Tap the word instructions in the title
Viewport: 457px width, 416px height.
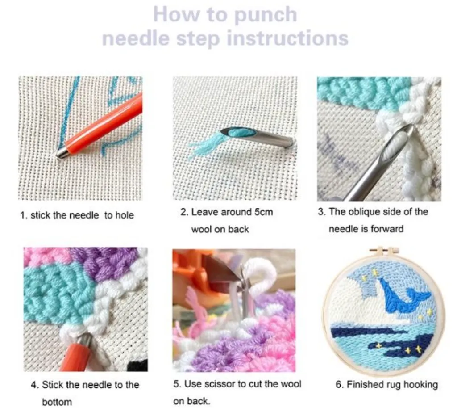point(287,38)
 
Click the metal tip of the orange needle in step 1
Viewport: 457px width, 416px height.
point(61,154)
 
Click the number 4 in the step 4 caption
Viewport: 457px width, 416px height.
point(33,385)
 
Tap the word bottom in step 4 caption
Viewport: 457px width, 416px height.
point(57,402)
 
